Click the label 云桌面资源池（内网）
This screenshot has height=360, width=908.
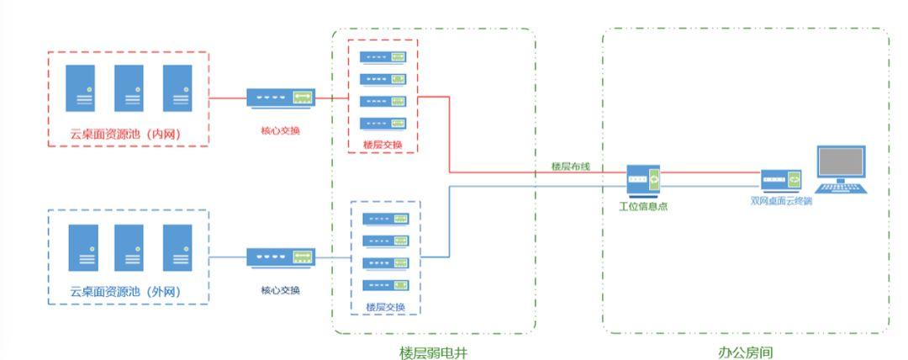[126, 134]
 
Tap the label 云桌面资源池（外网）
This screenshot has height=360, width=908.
[126, 292]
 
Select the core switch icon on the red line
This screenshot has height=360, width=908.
[281, 98]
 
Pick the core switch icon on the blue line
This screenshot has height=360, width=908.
[281, 257]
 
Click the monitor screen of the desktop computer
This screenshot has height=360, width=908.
[841, 163]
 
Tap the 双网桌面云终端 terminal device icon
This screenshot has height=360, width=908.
[781, 180]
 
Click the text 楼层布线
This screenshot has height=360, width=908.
[570, 167]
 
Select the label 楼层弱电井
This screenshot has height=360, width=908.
[433, 352]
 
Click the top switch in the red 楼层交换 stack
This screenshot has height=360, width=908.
[383, 57]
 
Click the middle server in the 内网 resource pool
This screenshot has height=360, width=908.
[129, 87]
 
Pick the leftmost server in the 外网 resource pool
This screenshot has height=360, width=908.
[82, 246]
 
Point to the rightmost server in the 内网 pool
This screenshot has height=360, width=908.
[177, 87]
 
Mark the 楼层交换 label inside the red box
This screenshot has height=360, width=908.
[383, 145]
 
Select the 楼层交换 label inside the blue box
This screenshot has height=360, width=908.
[385, 307]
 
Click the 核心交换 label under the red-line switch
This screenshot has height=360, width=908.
[281, 131]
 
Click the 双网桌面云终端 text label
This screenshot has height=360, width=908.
[781, 201]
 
